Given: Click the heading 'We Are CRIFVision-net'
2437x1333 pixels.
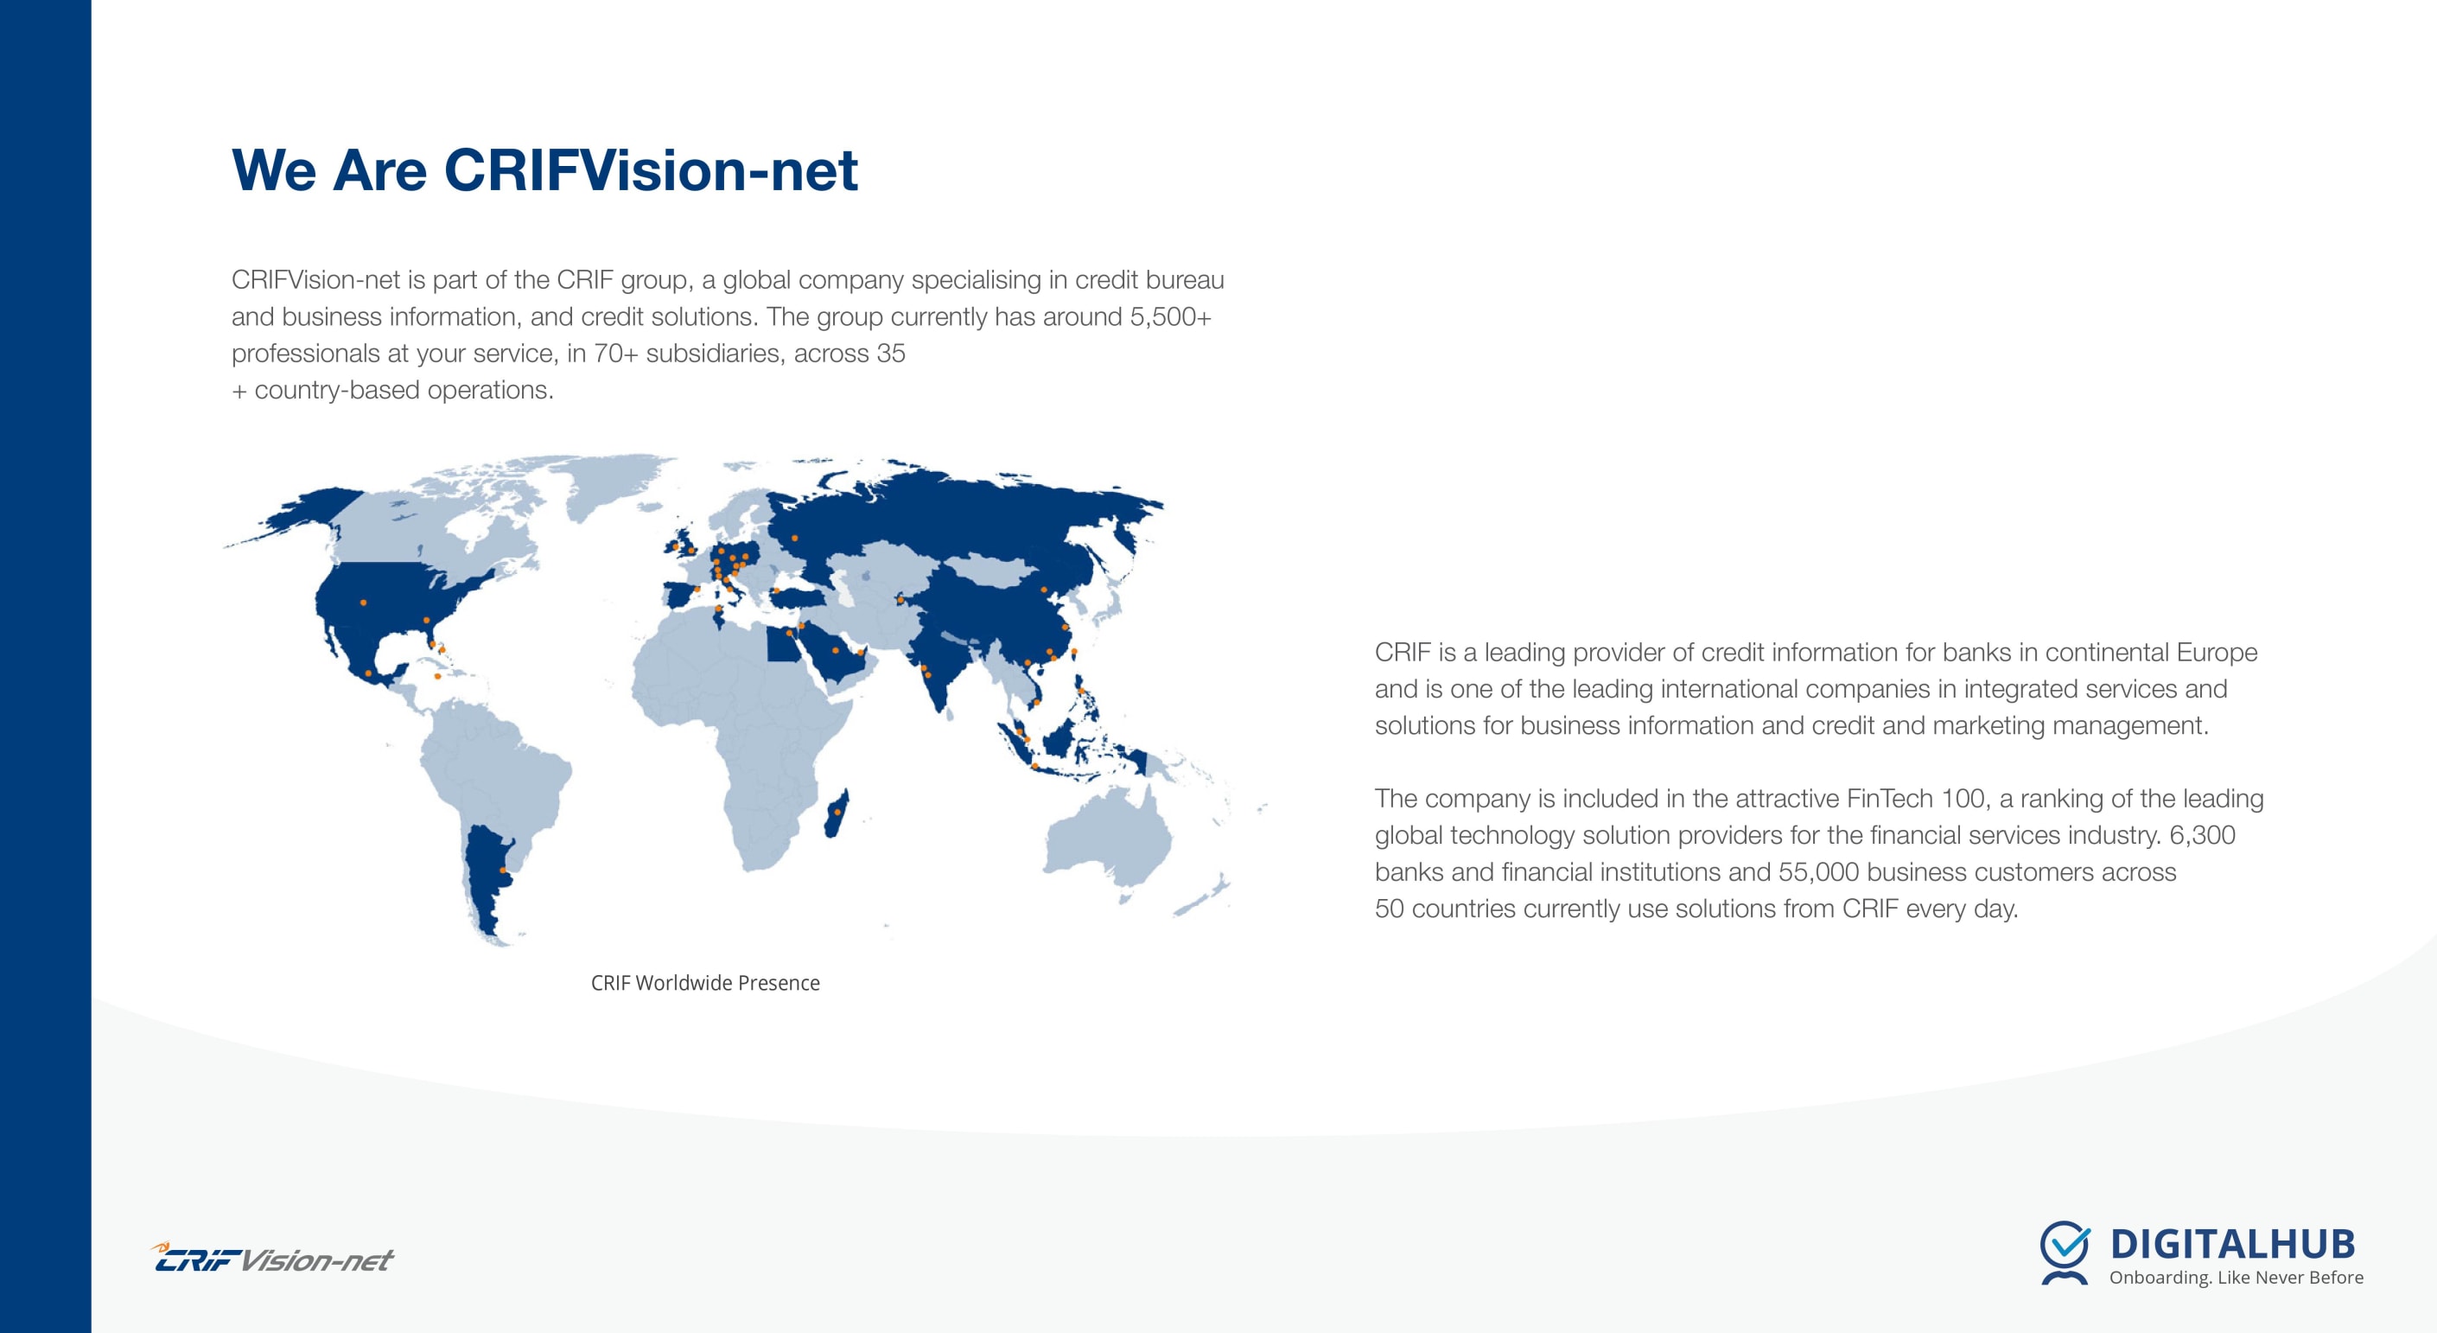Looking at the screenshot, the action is (545, 170).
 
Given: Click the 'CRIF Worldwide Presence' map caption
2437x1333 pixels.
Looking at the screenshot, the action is (705, 983).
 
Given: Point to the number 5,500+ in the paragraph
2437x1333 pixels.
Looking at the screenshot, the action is (1170, 317).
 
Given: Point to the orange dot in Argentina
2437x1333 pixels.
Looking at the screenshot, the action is (502, 871).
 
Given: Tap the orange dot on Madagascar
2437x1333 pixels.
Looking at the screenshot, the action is (837, 812).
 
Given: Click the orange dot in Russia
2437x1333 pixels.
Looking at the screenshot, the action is (795, 539).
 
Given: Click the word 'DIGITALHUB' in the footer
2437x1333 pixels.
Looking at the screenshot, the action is (2233, 1244).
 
